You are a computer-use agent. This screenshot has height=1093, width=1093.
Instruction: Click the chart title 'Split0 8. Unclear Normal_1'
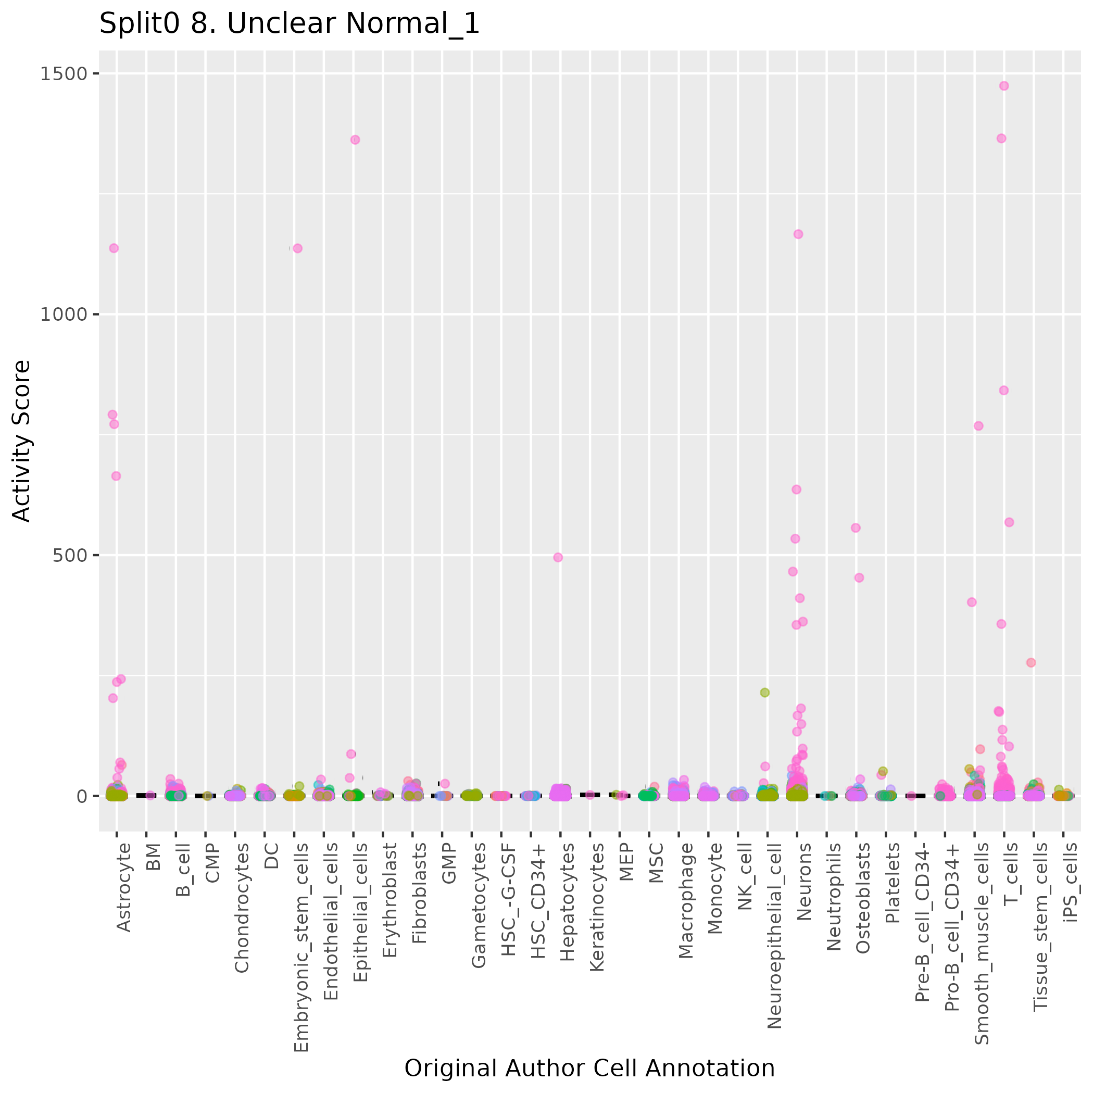(289, 24)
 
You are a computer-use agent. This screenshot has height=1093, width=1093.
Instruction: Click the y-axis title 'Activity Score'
(21, 441)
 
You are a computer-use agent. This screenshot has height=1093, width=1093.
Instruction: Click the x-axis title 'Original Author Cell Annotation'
(589, 1068)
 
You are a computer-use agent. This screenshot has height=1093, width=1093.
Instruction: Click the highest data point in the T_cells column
(1004, 86)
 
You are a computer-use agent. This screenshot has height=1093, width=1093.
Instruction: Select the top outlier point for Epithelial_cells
(355, 140)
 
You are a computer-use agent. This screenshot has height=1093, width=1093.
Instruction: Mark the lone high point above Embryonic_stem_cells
(297, 248)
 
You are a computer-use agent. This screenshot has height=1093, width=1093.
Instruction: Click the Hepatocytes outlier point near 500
(558, 557)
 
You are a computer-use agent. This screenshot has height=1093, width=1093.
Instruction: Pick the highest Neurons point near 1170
(798, 234)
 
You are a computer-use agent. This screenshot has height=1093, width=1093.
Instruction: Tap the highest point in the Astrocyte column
(114, 248)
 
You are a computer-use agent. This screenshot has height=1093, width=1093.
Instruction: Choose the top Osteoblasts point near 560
(856, 528)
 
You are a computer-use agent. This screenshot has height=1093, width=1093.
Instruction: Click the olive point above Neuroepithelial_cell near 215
(765, 693)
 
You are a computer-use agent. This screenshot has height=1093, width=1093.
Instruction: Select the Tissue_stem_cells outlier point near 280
(1031, 662)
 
